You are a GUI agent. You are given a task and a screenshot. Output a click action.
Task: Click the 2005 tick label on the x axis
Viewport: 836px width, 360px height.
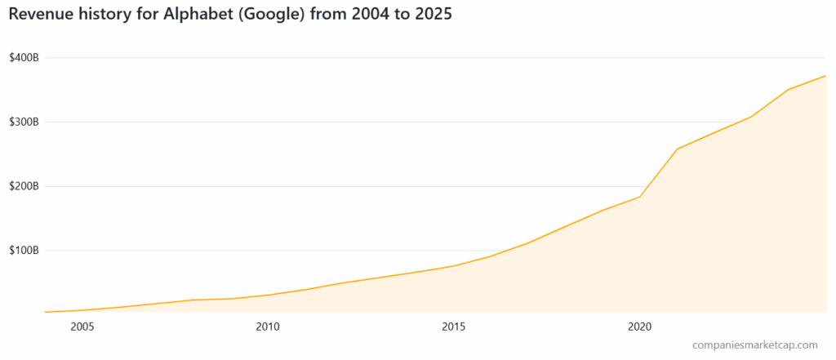[x=82, y=327]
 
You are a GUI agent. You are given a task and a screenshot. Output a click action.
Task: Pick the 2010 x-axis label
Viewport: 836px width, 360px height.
[x=268, y=327]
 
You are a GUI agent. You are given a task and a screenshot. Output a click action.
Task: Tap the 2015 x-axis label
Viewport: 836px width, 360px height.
[x=454, y=327]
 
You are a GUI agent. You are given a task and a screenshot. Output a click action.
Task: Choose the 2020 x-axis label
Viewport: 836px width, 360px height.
[x=640, y=327]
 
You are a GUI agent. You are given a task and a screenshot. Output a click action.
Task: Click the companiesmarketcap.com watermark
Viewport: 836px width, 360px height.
[x=754, y=346]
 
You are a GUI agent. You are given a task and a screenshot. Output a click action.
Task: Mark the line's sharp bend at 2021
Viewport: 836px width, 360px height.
[x=678, y=149]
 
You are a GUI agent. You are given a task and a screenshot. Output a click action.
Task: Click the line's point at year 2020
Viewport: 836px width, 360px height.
[x=640, y=197]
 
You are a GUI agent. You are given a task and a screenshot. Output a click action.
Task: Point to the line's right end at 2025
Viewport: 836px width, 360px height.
[x=826, y=76]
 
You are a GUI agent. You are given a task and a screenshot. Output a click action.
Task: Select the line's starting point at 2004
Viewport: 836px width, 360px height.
[x=46, y=312]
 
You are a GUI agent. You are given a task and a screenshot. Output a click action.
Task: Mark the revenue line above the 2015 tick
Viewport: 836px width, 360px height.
[x=454, y=266]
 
